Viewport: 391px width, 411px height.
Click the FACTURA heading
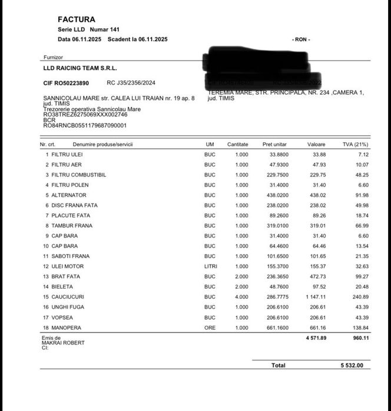click(x=77, y=19)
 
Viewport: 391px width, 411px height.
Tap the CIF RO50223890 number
click(x=67, y=83)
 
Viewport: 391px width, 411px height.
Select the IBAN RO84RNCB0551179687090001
click(x=85, y=125)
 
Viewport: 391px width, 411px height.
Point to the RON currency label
click(x=301, y=39)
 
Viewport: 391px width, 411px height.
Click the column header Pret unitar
click(x=274, y=144)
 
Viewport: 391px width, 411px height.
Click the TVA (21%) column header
click(x=356, y=144)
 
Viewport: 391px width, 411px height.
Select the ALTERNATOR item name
click(x=69, y=195)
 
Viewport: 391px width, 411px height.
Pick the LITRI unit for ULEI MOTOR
click(x=210, y=266)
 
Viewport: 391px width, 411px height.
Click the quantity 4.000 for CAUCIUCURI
click(x=241, y=297)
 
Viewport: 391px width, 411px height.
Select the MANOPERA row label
click(x=67, y=328)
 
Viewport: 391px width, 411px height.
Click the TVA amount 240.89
click(x=359, y=297)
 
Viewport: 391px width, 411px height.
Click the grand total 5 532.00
click(x=352, y=365)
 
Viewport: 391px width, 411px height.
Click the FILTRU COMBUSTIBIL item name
click(x=79, y=175)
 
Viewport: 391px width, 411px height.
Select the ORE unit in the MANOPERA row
click(x=210, y=328)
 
